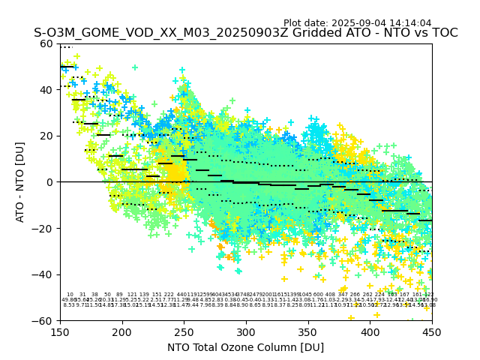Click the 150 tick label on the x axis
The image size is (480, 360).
[x=60, y=331]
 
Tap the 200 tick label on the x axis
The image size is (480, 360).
[x=122, y=331]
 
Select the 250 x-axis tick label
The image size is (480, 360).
[x=184, y=331]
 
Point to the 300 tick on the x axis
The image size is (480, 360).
[x=246, y=331]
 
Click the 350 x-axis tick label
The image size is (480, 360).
[x=308, y=331]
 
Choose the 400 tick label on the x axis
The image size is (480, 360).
[x=370, y=331]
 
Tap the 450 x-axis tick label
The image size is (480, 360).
[x=432, y=331]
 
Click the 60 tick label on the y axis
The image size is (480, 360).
[x=47, y=43]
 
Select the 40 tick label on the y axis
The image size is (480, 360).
[x=47, y=90]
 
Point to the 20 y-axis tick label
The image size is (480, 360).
[x=47, y=136]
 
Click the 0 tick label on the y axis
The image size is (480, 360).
[x=50, y=182]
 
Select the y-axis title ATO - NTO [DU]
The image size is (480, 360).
[x=20, y=182]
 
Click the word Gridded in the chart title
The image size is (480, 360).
[x=270, y=33]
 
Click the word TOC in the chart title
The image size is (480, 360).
[x=443, y=33]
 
